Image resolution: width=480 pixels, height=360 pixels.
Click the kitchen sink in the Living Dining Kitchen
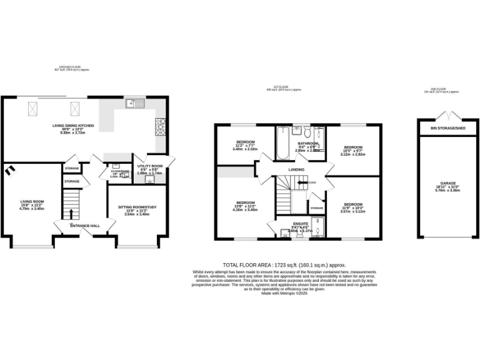(x=134, y=104)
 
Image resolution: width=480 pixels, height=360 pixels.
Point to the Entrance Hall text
(x=85, y=225)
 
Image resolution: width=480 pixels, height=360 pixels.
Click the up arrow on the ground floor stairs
(x=71, y=217)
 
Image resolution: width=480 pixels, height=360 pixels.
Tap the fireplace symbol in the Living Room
(x=9, y=171)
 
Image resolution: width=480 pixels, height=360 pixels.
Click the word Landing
(x=296, y=169)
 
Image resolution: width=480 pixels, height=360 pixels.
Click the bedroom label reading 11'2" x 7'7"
(x=245, y=146)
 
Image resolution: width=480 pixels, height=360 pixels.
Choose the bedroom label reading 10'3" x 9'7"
(x=354, y=150)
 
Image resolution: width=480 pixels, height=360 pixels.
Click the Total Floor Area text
(x=284, y=265)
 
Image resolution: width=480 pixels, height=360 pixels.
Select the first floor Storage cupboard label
(x=317, y=207)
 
